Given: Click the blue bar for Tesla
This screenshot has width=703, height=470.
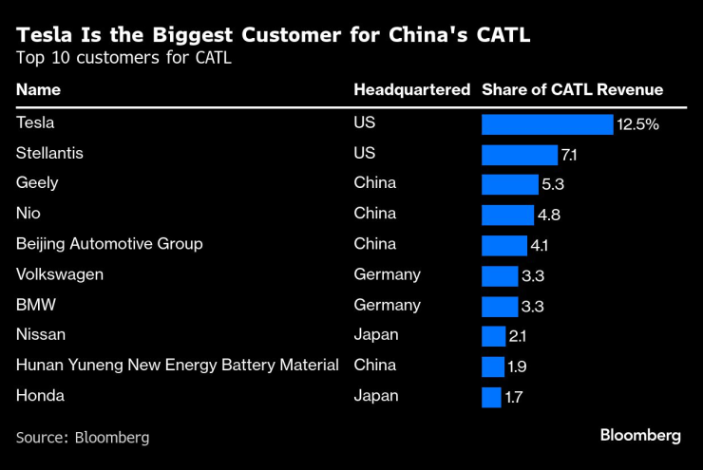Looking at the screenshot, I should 547,124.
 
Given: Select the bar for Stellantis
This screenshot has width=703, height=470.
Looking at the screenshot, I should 520,155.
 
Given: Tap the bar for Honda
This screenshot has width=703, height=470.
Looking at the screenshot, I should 491,397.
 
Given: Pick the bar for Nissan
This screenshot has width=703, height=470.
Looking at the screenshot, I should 493,336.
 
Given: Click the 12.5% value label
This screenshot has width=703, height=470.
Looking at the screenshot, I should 637,124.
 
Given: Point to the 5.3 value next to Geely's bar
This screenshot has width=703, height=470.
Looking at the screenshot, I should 551,185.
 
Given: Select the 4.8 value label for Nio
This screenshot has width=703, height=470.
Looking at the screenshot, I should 548,216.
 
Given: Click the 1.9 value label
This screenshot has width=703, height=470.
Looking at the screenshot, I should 519,367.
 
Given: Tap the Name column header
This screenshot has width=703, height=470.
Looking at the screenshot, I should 38,90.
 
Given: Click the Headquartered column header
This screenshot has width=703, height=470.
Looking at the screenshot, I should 411,90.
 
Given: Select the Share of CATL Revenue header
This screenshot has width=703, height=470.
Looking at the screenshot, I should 572,90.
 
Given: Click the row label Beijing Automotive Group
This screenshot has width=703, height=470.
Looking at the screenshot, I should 109,244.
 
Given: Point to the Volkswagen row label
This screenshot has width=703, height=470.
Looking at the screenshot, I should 60,274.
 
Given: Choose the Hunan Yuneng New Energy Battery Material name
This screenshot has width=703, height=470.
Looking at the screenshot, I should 178,366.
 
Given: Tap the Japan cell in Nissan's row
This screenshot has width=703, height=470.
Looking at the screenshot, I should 376,335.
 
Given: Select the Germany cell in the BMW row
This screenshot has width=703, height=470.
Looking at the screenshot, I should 387,305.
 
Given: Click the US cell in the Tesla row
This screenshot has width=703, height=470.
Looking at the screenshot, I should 365,122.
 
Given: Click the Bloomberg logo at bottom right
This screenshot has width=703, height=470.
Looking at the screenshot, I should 640,436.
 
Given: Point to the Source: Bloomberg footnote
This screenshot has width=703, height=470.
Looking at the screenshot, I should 83,438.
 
